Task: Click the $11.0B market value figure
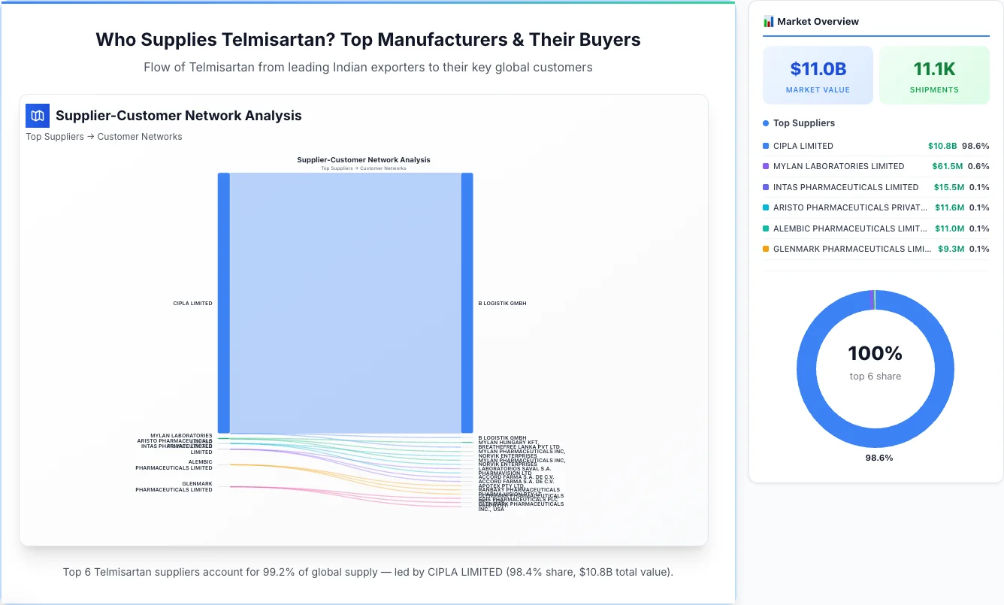(x=818, y=69)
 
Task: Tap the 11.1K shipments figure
(x=934, y=69)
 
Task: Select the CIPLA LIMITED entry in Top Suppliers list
(x=803, y=146)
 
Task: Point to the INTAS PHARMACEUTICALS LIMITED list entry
(x=845, y=187)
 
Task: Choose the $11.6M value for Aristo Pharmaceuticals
(x=949, y=207)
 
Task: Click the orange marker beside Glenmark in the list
(x=766, y=249)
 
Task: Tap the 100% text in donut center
(x=875, y=353)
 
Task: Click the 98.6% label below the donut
(x=878, y=458)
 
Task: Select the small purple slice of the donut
(x=872, y=299)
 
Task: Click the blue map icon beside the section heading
(x=38, y=116)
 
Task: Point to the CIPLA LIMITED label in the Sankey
(x=192, y=304)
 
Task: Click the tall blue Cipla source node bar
(x=223, y=303)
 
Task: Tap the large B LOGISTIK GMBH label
(x=502, y=304)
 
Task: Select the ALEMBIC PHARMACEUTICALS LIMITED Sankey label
(x=174, y=465)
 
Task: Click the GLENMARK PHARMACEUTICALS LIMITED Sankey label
(x=174, y=487)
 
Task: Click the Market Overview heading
(x=817, y=22)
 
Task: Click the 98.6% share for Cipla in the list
(x=975, y=146)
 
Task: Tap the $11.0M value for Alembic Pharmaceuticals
(x=949, y=228)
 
